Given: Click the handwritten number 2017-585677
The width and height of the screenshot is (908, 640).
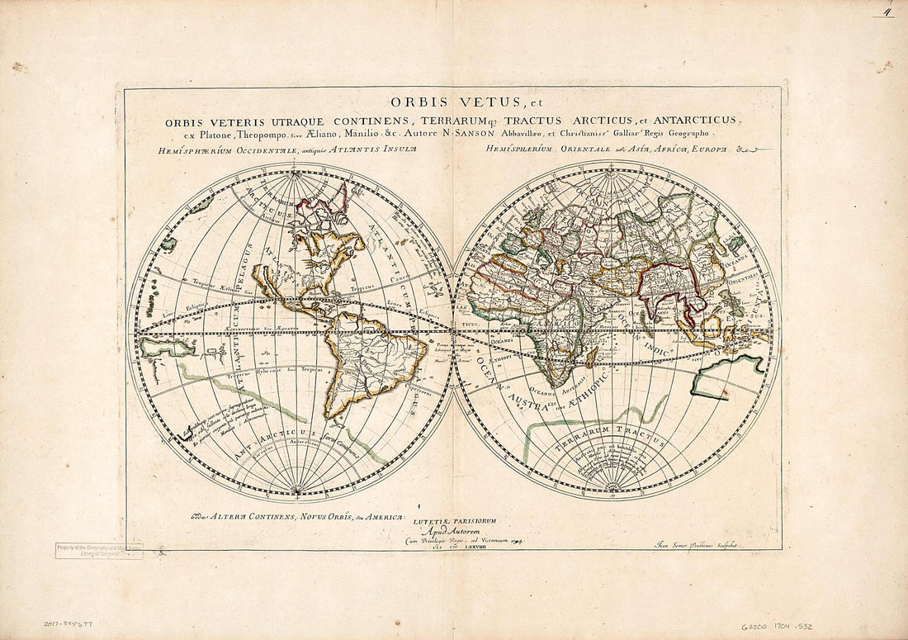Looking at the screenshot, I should point(69,625).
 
